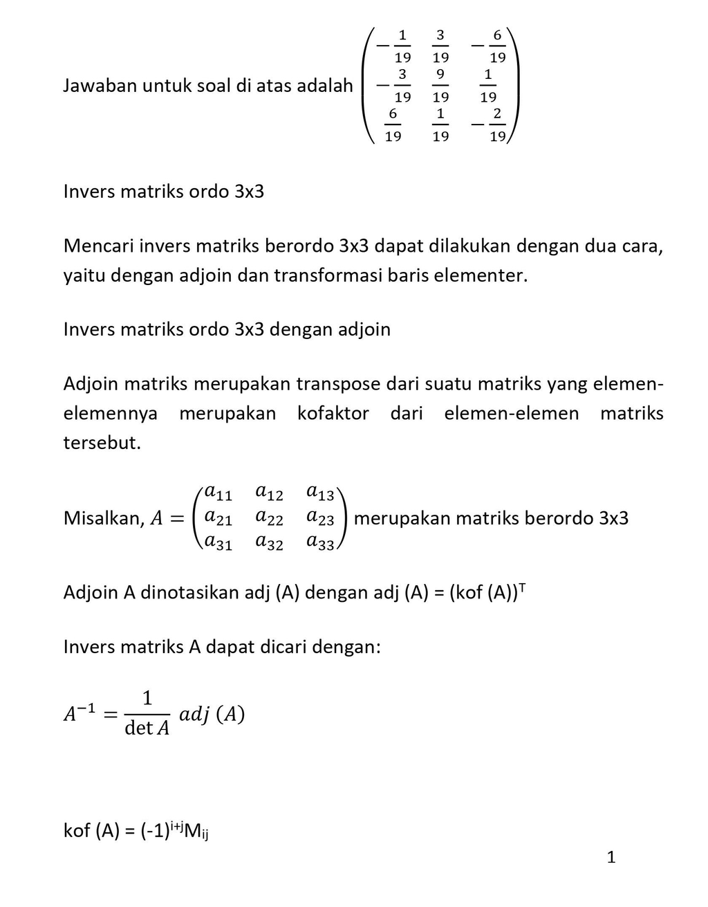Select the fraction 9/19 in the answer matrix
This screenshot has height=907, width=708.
coord(440,85)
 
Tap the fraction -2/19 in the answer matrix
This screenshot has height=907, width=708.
coord(490,125)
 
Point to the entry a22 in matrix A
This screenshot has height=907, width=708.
coord(269,517)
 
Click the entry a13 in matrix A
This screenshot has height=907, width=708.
coord(320,493)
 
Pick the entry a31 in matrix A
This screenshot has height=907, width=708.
coord(218,543)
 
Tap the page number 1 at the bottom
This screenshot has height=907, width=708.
coord(611,858)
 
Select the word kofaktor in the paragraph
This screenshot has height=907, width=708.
coord(333,414)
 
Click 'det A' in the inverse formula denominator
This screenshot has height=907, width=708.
coord(147,729)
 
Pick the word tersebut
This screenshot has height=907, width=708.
coord(102,443)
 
